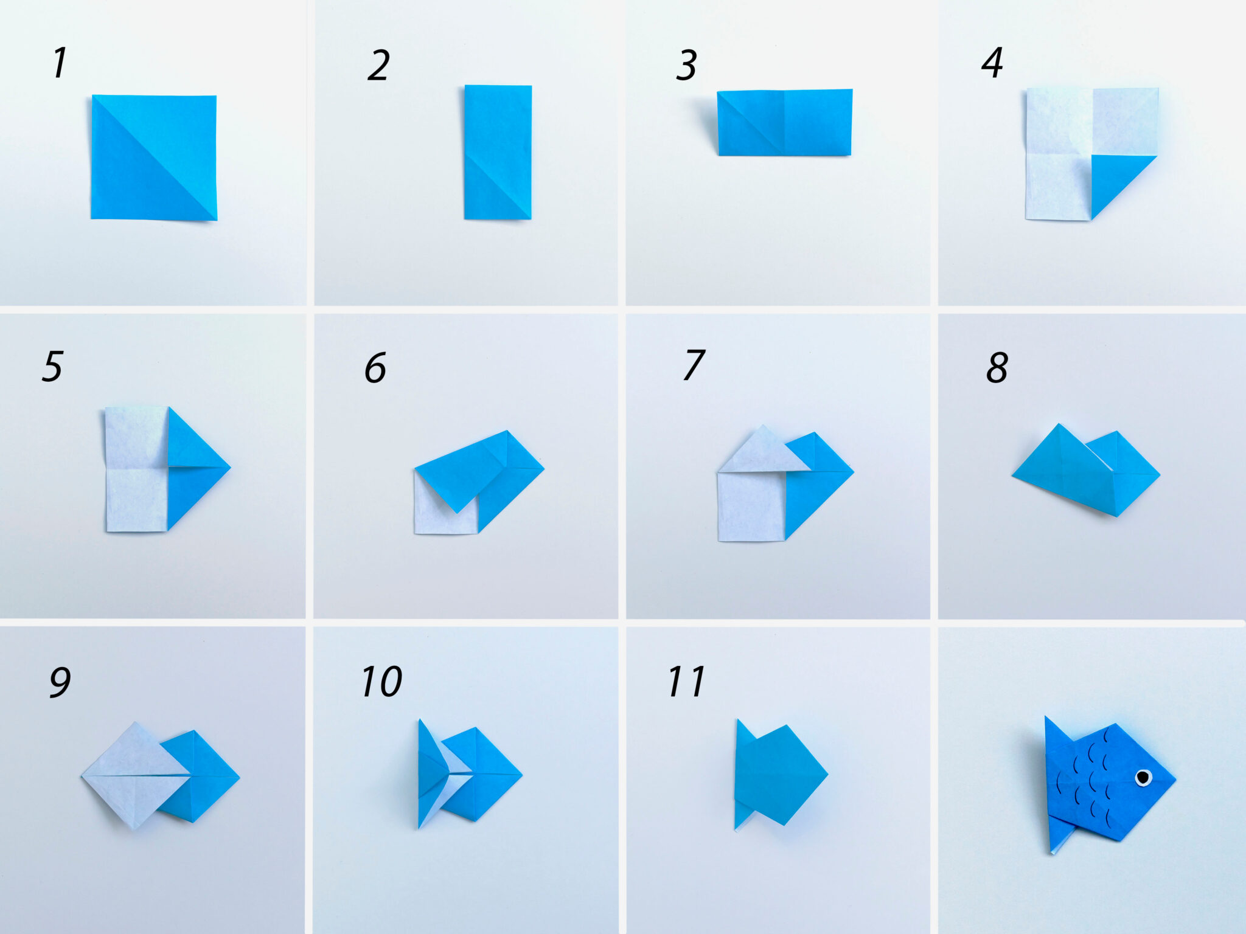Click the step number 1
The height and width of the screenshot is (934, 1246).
pos(59,63)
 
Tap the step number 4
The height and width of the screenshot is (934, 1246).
pos(992,63)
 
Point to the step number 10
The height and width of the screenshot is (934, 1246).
pos(381,682)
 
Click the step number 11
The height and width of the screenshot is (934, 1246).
pos(686,682)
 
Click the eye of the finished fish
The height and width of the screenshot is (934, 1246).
pos(1143,777)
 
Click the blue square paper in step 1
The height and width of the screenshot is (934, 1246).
pos(154,157)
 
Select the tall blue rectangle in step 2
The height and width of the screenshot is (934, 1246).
pos(498,152)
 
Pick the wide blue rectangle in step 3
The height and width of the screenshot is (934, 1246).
pos(784,122)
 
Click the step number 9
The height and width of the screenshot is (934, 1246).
pos(60,683)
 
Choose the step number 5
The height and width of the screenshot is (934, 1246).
pos(52,367)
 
